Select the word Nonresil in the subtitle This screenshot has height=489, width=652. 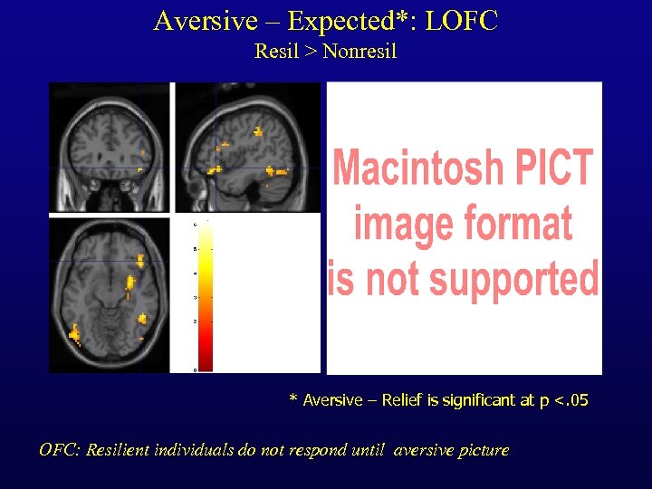(x=360, y=51)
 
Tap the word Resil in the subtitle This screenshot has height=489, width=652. (x=274, y=51)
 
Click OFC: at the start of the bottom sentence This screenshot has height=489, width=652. (x=60, y=450)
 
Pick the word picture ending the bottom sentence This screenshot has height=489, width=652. (x=484, y=450)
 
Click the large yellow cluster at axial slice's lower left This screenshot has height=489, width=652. (x=73, y=334)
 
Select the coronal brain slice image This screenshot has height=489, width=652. (x=110, y=147)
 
